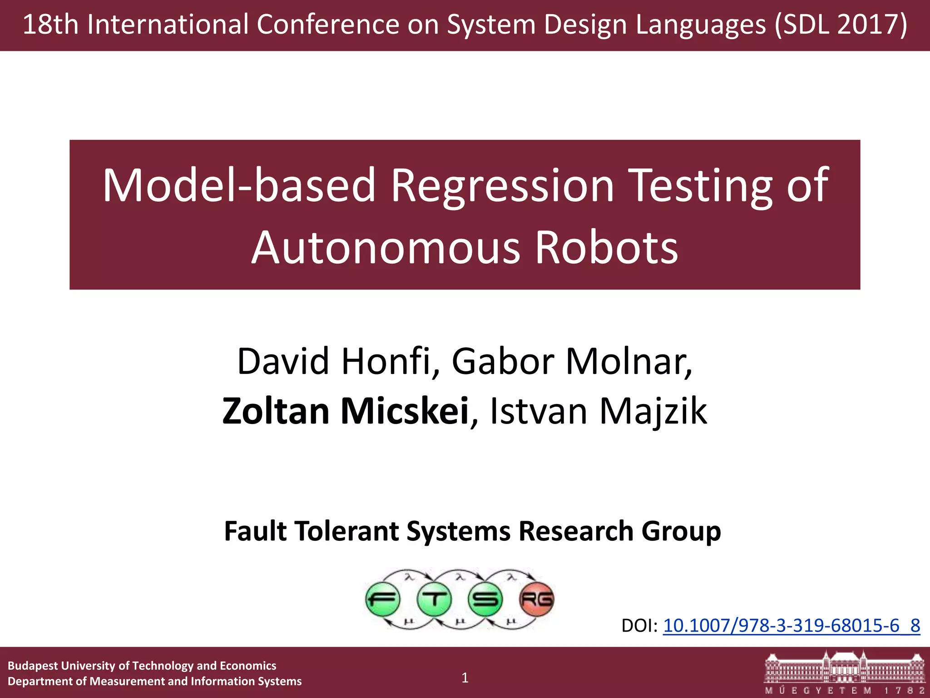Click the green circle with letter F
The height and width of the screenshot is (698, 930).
pyautogui.click(x=383, y=599)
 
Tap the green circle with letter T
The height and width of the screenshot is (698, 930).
pyautogui.click(x=434, y=599)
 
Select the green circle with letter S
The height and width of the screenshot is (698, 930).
pyautogui.click(x=485, y=599)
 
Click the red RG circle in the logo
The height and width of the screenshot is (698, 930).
pyautogui.click(x=537, y=599)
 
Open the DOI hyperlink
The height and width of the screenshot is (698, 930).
pyautogui.click(x=791, y=626)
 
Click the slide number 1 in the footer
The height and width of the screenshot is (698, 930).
pyautogui.click(x=465, y=678)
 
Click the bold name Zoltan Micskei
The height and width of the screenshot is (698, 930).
pyautogui.click(x=345, y=411)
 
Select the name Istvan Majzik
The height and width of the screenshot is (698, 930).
pyautogui.click(x=598, y=411)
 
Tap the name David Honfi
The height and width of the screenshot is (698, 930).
pyautogui.click(x=334, y=361)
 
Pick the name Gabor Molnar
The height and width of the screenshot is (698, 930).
pyautogui.click(x=572, y=361)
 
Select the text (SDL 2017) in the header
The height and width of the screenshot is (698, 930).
pyautogui.click(x=841, y=25)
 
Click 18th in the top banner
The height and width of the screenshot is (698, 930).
pyautogui.click(x=50, y=25)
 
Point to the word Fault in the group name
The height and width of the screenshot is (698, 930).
pyautogui.click(x=255, y=531)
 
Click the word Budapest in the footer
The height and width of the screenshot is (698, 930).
pyautogui.click(x=33, y=666)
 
